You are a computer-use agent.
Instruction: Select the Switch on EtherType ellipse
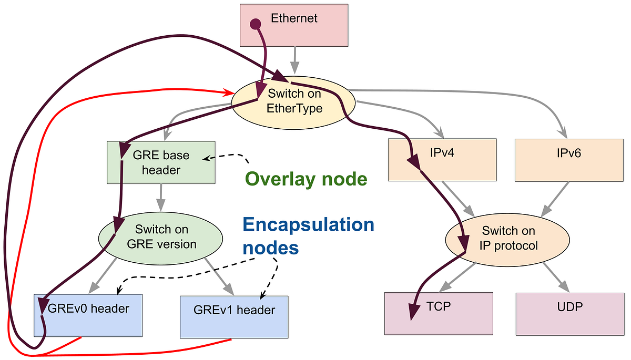294,101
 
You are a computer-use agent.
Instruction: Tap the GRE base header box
160,162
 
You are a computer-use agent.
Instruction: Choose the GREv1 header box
234,316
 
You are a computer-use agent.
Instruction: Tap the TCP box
439,313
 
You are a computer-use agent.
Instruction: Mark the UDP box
570,313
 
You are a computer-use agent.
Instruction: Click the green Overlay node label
306,179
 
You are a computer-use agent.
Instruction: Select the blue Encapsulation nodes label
308,235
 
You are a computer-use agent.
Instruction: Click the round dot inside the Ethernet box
255,24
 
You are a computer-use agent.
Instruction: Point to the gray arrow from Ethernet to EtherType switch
295,60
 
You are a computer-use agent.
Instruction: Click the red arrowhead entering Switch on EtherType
230,94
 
